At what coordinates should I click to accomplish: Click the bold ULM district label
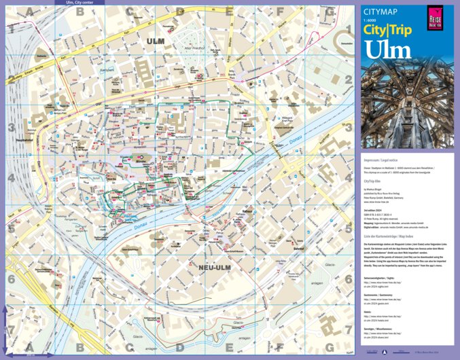(156, 41)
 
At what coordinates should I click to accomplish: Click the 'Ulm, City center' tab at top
(85, 3)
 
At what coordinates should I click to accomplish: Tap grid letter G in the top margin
(329, 12)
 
